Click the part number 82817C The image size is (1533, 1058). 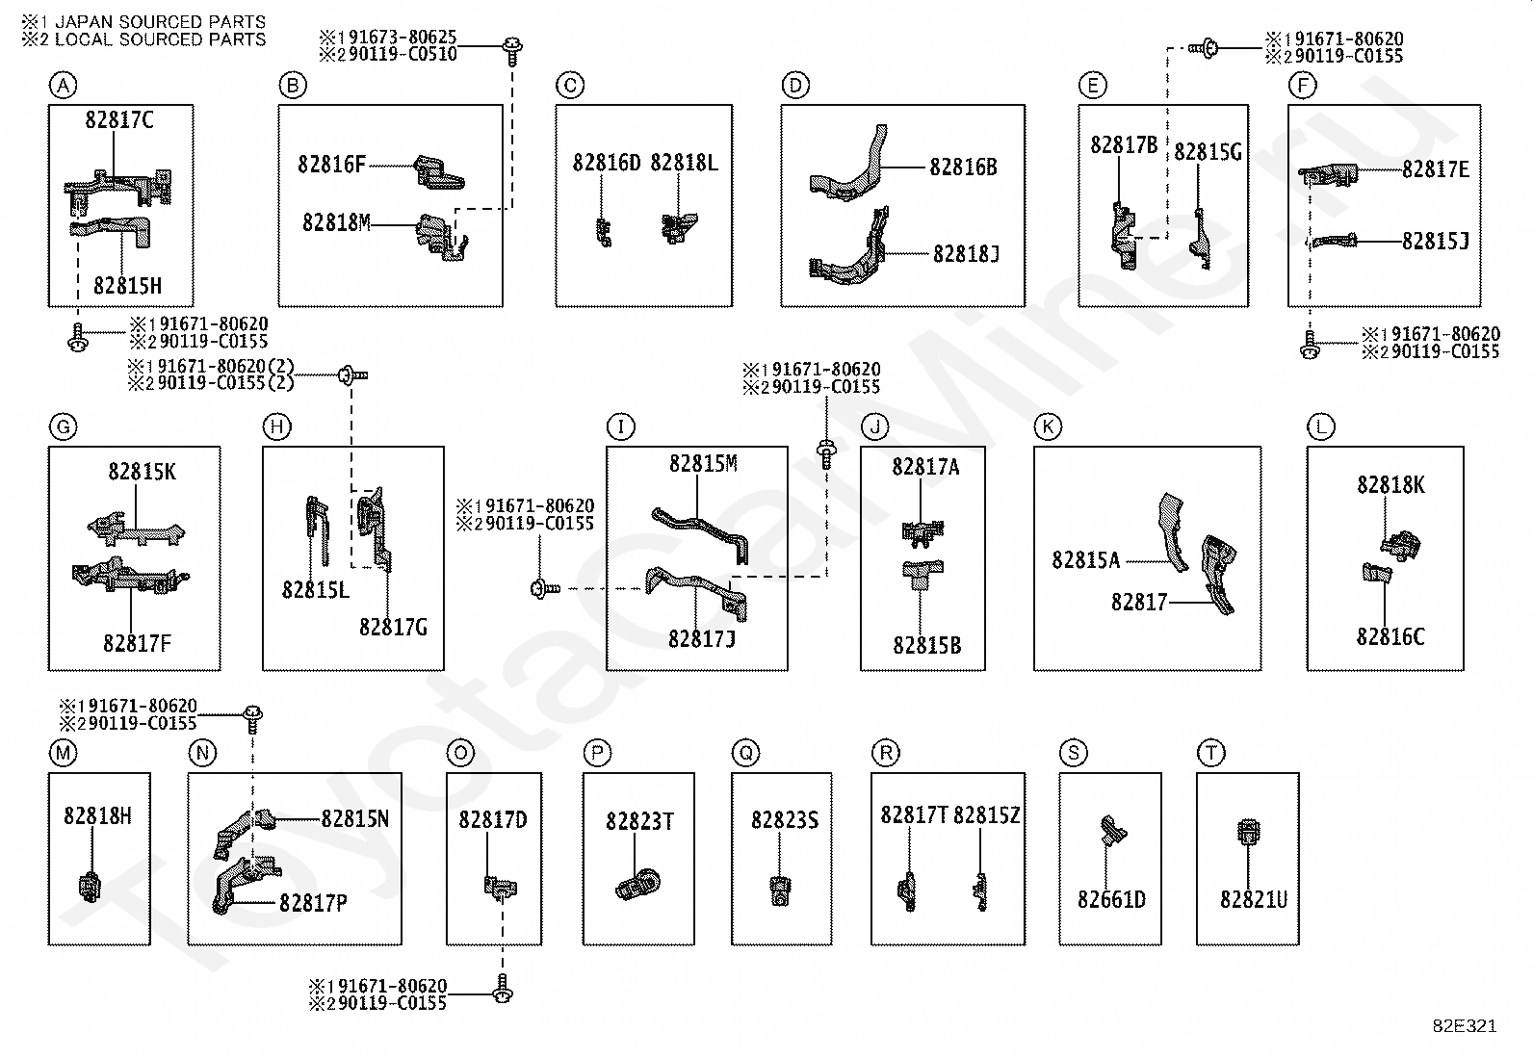[x=119, y=120]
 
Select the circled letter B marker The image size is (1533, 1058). [x=293, y=86]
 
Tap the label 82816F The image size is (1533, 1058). [x=332, y=165]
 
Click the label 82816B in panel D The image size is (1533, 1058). [x=964, y=167]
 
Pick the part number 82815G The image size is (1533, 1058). [x=1208, y=152]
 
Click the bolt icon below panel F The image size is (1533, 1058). [x=1310, y=345]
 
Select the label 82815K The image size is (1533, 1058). [x=143, y=472]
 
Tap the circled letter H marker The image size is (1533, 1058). [x=276, y=427]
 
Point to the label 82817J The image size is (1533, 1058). [x=702, y=639]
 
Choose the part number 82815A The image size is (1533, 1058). [x=1086, y=560]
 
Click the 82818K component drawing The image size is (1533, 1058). [x=1400, y=546]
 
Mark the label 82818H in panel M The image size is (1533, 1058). [x=98, y=815]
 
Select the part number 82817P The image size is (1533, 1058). [x=314, y=903]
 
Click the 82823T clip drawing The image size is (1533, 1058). [x=637, y=885]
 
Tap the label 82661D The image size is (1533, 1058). [x=1111, y=899]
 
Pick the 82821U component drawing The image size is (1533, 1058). [x=1248, y=832]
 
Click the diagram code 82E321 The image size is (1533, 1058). [x=1465, y=1026]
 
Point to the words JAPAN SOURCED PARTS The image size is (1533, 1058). [x=160, y=22]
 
